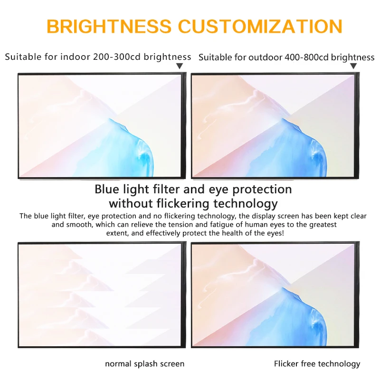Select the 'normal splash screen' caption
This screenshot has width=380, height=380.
tap(144, 364)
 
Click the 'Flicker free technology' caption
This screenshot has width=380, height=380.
tap(317, 364)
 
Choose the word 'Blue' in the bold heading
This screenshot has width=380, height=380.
tap(108, 189)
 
